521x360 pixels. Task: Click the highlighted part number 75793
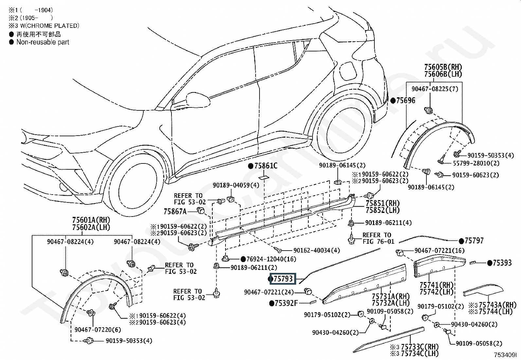click(x=283, y=279)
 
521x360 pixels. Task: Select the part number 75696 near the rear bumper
click(x=405, y=101)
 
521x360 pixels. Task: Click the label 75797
click(x=474, y=241)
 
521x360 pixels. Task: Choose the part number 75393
click(x=502, y=263)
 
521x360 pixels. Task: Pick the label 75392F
click(x=286, y=303)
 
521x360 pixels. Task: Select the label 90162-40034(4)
click(x=316, y=250)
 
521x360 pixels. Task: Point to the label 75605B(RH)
click(x=443, y=67)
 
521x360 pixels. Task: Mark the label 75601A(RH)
click(x=91, y=220)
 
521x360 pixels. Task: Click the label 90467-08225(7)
click(x=435, y=89)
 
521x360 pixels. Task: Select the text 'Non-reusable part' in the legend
click(x=43, y=42)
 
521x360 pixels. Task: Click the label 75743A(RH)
click(x=500, y=305)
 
